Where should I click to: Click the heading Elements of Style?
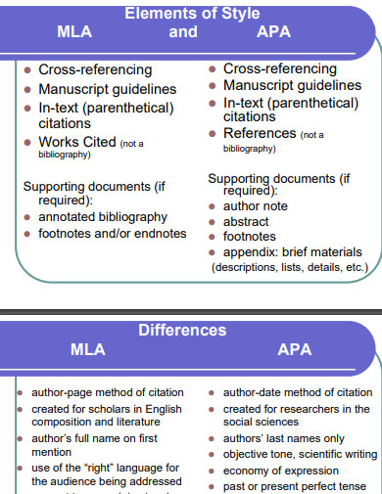point(191,14)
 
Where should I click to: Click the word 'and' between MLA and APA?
point(183,32)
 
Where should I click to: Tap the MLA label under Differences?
point(88,349)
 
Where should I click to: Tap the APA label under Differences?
point(294,349)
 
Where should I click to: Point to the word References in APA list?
point(260,133)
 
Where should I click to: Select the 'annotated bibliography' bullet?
point(102,216)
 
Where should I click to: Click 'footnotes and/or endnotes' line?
point(111,233)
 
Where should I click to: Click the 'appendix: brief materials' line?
point(292,251)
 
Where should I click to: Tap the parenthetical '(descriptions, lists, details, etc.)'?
point(289,266)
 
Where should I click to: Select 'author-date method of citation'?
point(291,392)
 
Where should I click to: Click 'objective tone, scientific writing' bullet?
point(300,454)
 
